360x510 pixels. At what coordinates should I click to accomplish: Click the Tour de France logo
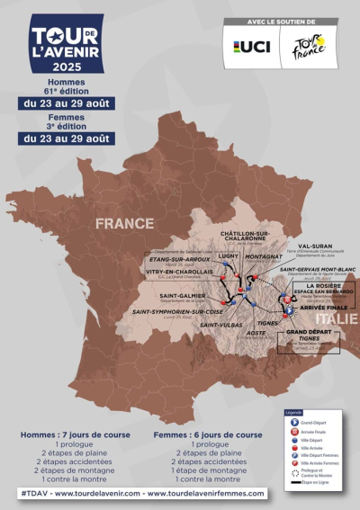point(306,47)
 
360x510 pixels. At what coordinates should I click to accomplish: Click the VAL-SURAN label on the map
point(317,243)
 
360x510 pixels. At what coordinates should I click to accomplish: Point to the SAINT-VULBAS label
point(220,325)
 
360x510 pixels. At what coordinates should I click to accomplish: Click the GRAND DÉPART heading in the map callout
point(309,332)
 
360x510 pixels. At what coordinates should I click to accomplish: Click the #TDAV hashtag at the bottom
point(34,493)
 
